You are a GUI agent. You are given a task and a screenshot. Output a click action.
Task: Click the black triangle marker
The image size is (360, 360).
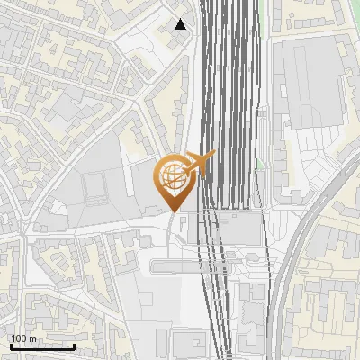181,24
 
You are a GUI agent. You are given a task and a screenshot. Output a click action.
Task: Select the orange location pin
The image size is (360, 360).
174,180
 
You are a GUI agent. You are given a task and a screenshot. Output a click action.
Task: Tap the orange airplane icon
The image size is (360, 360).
198,165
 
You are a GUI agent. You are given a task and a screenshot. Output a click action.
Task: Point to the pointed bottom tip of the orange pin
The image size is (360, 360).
174,211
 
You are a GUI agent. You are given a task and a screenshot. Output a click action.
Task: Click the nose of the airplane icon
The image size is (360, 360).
214,156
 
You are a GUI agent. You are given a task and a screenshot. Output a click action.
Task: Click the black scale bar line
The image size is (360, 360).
42,347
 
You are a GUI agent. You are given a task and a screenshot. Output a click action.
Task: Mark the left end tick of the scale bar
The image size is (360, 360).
11,346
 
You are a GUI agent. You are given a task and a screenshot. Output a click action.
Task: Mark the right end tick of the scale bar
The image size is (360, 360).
75,346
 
